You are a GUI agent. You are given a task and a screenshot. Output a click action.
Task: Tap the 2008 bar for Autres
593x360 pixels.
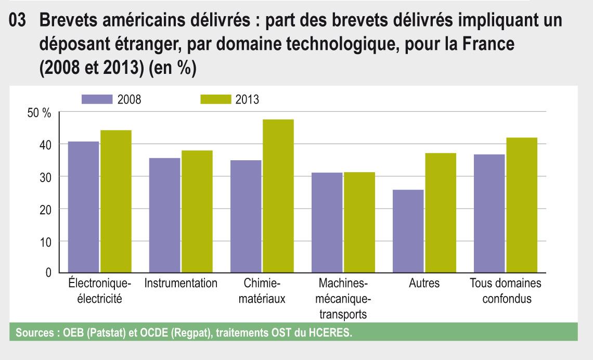coord(408,231)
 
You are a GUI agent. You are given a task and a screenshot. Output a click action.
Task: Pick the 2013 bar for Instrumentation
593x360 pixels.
coord(197,212)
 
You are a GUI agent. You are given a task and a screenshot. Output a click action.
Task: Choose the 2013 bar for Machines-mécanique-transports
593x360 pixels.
coord(359,223)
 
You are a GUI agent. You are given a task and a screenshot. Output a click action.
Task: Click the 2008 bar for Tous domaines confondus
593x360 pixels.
coord(489,213)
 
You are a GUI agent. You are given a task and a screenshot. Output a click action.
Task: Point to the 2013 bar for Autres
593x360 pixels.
coord(440,213)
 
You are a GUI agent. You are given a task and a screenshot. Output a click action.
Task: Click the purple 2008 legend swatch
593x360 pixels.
coord(97,99)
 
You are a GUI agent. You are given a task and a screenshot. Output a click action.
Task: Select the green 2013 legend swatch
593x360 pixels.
coord(215,99)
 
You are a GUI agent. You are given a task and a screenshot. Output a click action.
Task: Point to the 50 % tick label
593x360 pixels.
coord(40,113)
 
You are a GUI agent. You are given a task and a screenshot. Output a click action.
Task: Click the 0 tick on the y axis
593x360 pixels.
coord(48,273)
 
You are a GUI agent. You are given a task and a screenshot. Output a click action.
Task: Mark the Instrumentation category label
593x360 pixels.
coord(181,284)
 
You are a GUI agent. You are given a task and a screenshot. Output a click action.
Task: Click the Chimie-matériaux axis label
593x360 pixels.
coord(262,291)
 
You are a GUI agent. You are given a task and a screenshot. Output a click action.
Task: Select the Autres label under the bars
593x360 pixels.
coord(424,284)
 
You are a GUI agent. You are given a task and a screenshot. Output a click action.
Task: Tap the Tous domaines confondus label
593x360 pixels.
coord(505,291)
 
